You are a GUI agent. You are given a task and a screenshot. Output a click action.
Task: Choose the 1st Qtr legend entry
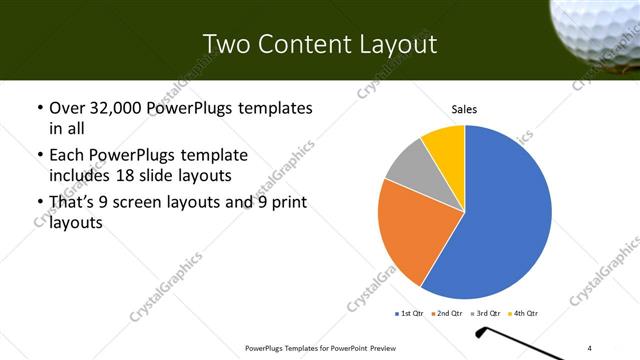tap(410, 314)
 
